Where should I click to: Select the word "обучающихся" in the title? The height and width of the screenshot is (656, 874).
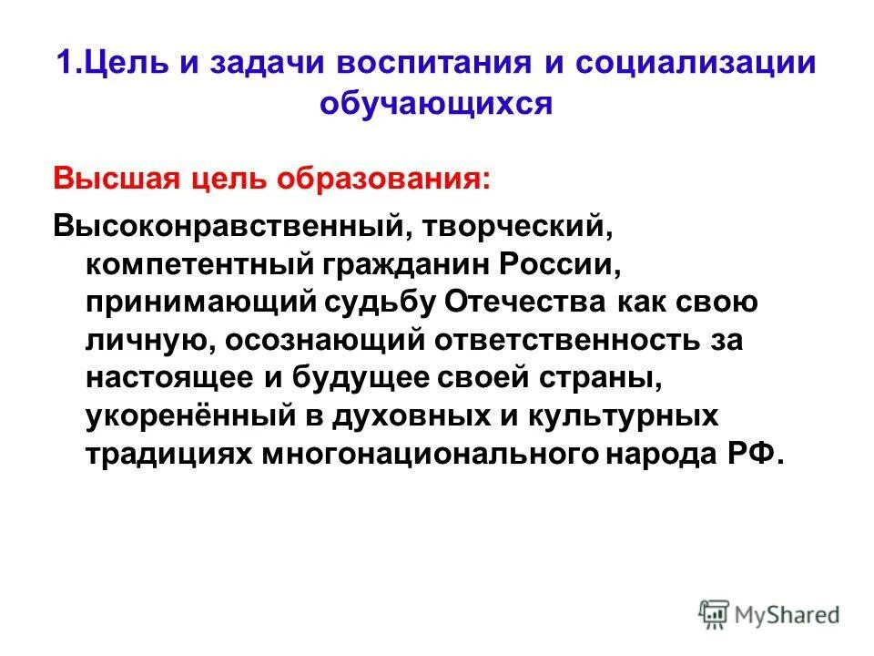click(437, 104)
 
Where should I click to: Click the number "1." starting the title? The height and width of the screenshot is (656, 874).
click(69, 66)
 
